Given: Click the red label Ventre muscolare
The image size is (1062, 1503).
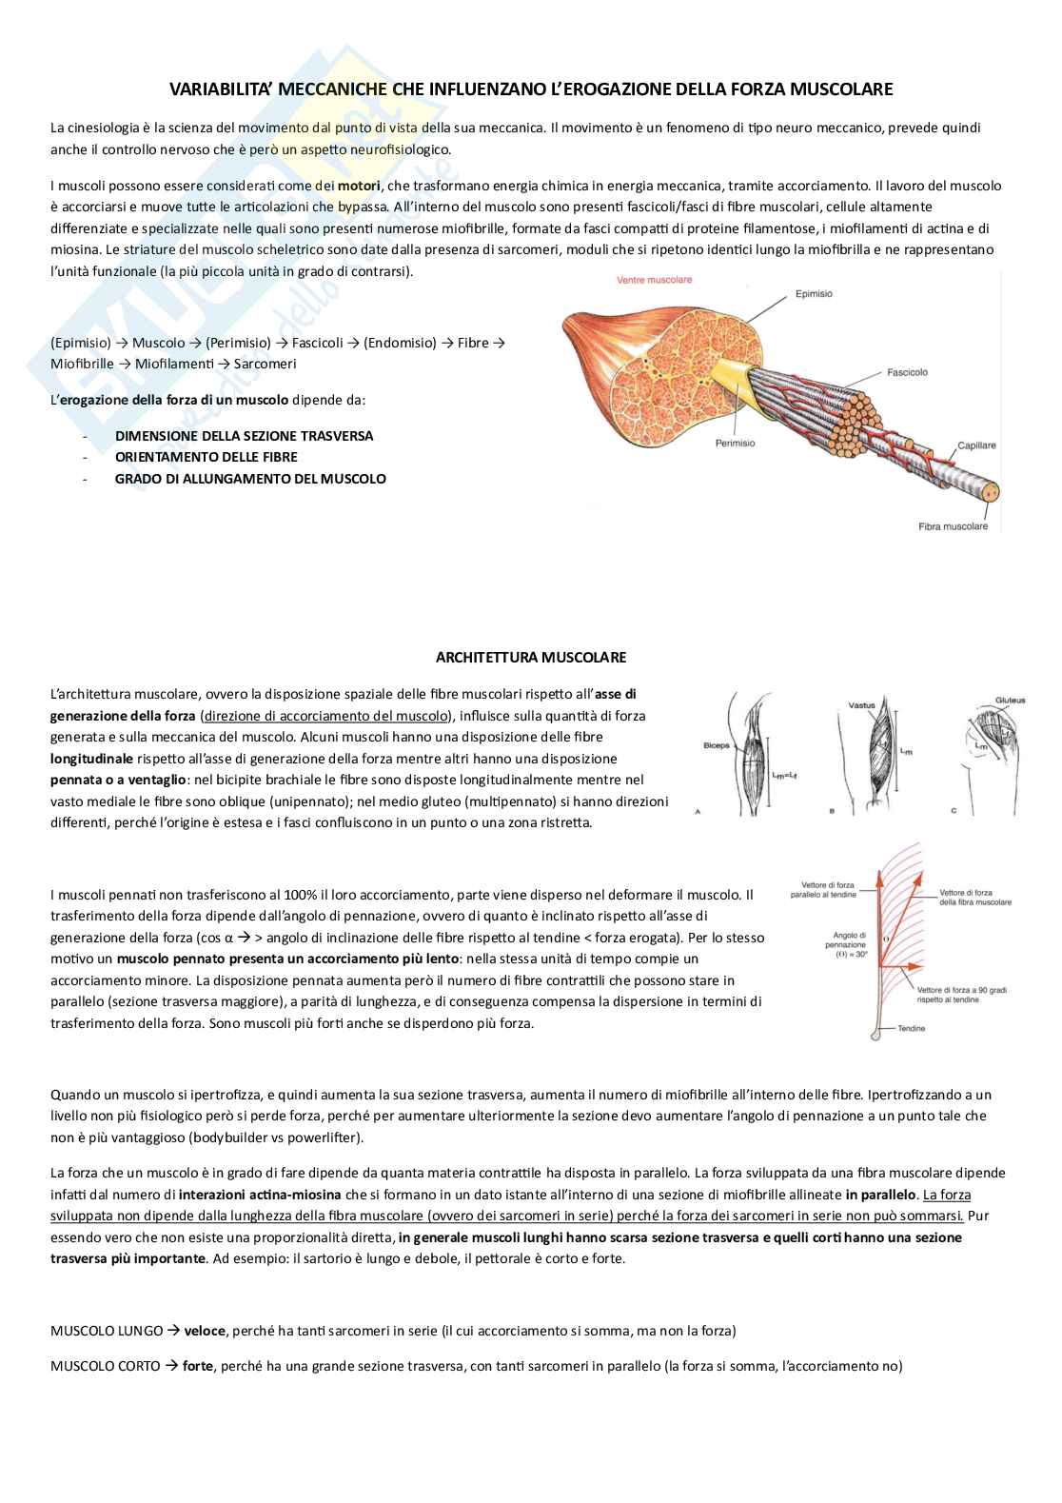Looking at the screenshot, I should point(654,280).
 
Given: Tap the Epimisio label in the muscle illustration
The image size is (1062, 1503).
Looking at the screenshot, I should point(814,294).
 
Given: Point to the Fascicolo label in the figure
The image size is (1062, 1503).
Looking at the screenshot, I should point(907,372).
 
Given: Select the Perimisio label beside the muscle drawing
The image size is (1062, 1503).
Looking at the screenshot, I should point(736,443).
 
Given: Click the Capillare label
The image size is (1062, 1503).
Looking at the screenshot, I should point(976,445).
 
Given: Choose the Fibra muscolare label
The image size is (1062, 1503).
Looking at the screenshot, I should point(953,526).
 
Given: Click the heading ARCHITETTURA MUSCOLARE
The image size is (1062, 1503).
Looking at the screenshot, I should point(531,658).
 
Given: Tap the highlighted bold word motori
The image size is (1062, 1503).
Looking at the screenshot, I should point(359,186).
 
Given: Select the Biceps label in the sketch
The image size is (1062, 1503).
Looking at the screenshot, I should point(716,745).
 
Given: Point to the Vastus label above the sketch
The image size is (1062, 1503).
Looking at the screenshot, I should point(861,705).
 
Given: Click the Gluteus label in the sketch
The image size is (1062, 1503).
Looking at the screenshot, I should point(1010,701).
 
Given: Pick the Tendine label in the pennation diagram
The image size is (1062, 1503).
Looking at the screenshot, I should point(911,1029).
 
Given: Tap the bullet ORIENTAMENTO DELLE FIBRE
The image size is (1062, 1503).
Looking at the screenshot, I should point(206,457).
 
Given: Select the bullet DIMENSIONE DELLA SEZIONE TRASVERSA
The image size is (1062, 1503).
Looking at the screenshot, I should point(244,436).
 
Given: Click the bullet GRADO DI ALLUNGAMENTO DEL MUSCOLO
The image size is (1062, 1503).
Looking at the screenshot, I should point(250,479).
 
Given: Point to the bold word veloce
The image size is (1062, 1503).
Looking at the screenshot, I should point(205,1331).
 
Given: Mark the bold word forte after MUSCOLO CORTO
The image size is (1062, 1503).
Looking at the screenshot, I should point(198,1366).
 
